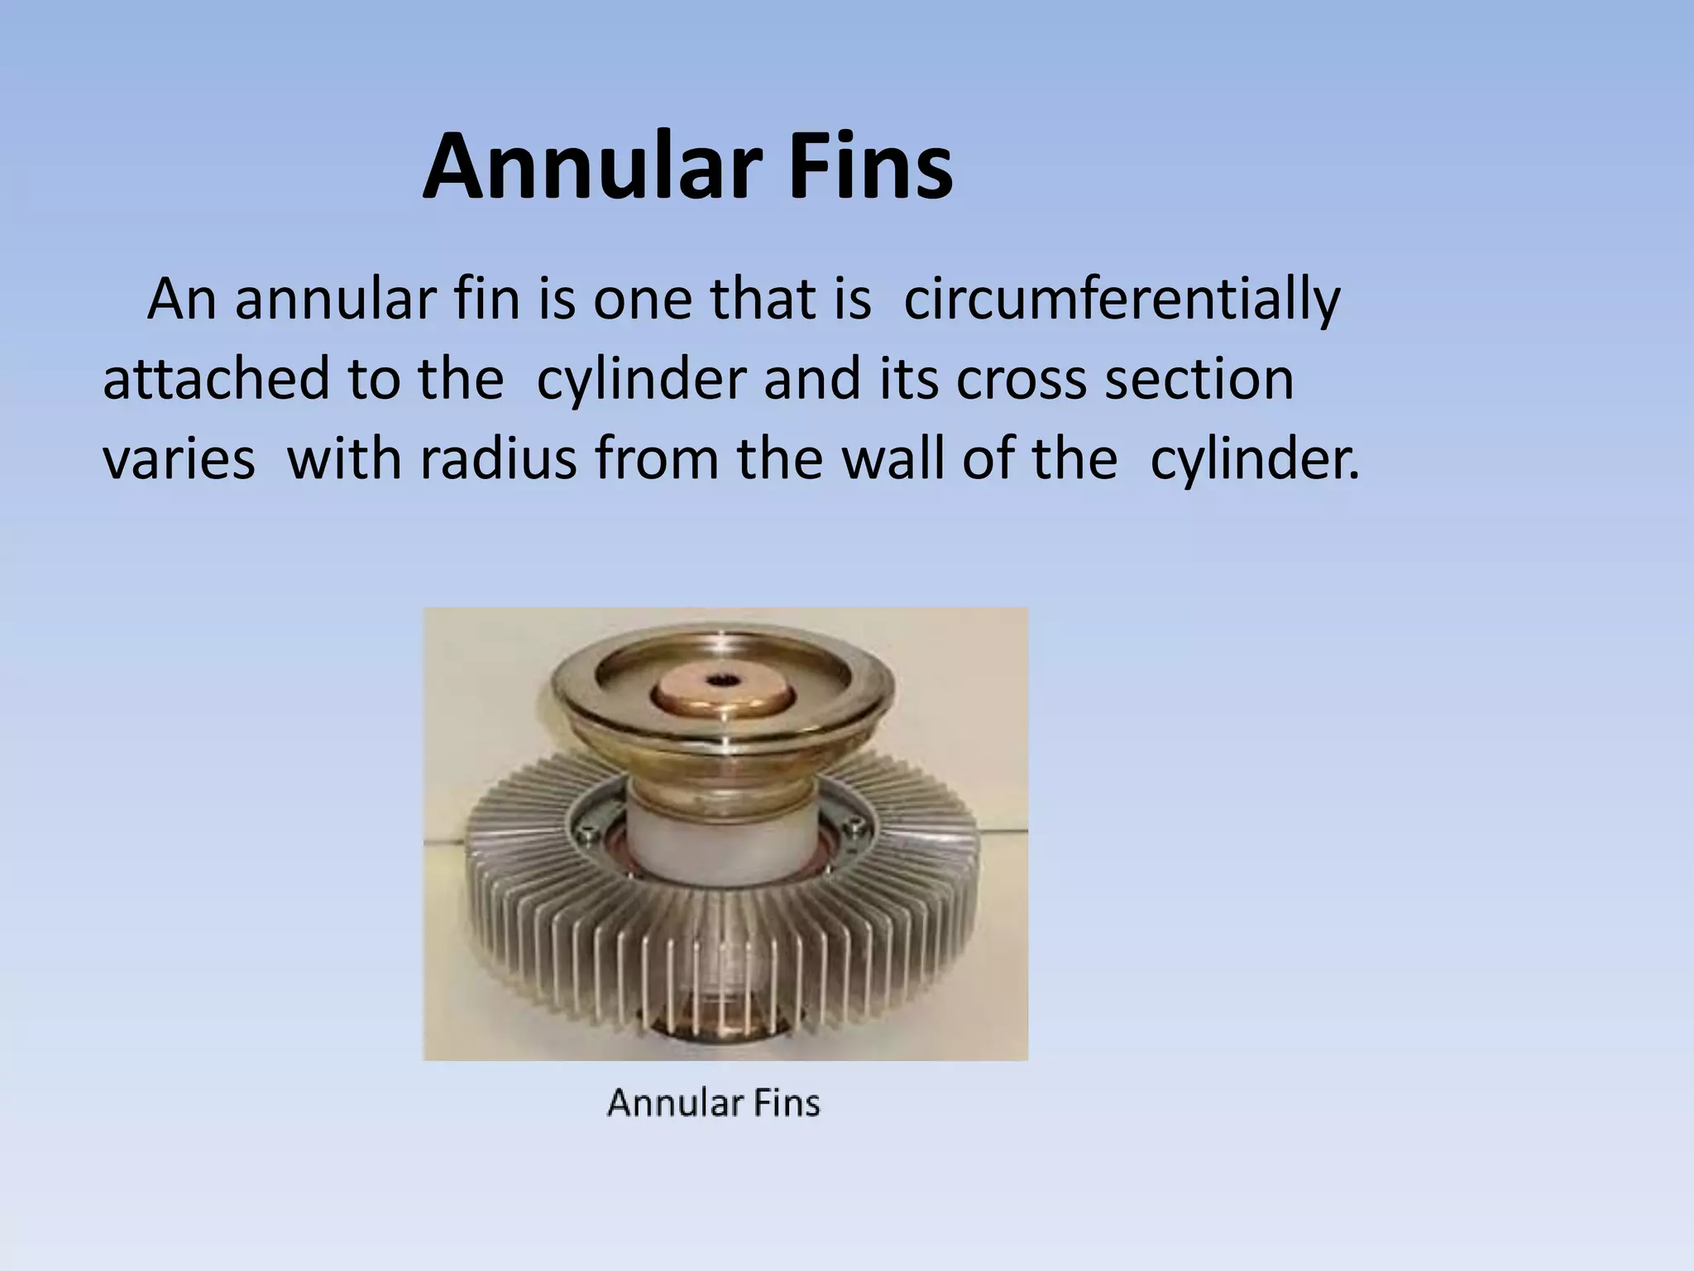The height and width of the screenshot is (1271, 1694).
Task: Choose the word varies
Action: pos(179,459)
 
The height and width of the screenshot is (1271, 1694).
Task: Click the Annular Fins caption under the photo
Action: pos(714,1103)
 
